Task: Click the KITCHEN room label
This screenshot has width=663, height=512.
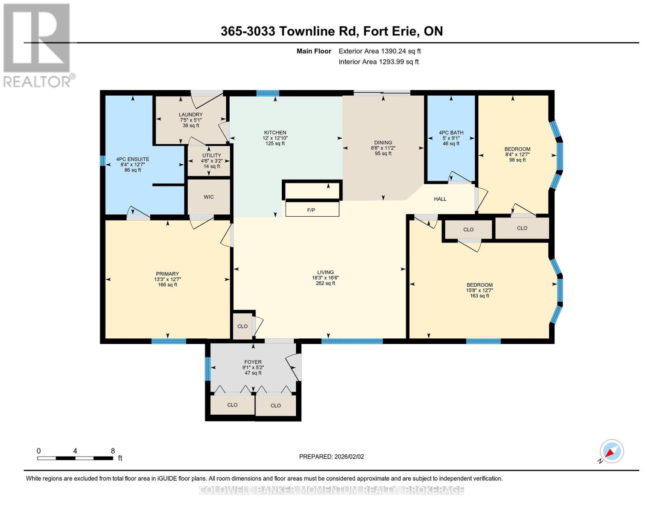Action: (x=275, y=133)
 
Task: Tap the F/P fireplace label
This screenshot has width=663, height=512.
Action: (x=311, y=210)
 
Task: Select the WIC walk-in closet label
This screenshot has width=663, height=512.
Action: (x=209, y=197)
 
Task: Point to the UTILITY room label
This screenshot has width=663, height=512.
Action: (x=211, y=156)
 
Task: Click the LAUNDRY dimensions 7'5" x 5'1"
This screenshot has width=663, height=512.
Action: (x=191, y=120)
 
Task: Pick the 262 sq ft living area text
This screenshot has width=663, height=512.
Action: (x=325, y=283)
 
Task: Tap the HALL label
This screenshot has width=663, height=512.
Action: (x=440, y=199)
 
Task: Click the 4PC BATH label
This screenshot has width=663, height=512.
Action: (x=451, y=133)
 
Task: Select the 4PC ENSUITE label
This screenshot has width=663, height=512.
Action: (x=132, y=159)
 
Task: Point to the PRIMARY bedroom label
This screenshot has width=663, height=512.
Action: (x=167, y=274)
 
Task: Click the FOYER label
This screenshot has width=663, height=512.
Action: (x=253, y=362)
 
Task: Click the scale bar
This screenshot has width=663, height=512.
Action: (x=75, y=458)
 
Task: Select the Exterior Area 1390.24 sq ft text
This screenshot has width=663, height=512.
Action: (x=380, y=51)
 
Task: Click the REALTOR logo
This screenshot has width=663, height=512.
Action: (x=38, y=46)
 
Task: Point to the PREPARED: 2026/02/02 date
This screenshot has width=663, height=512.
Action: (x=331, y=457)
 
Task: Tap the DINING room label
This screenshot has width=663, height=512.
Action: (x=383, y=143)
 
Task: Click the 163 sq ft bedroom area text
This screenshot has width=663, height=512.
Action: (x=479, y=296)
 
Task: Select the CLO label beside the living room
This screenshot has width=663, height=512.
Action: (x=242, y=326)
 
